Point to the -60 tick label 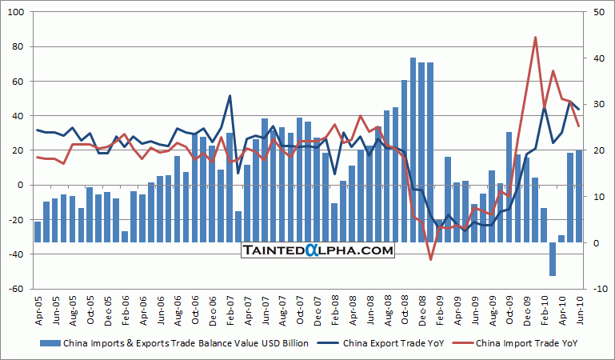point(18,289)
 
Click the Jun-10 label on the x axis point(578,307)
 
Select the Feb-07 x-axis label point(230,307)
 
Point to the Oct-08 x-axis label point(405,307)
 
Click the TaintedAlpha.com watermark point(318,250)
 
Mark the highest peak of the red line point(535,38)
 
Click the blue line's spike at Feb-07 point(230,96)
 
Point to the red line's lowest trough point(430,259)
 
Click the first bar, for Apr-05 point(38,231)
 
